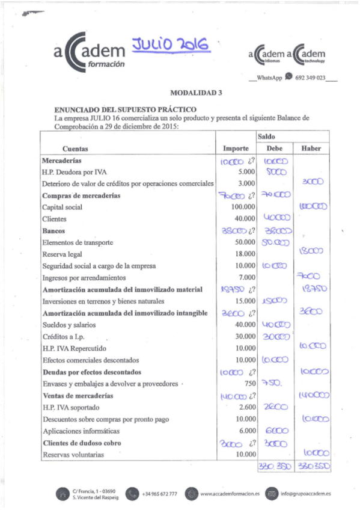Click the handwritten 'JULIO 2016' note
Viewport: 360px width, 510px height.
coord(171,45)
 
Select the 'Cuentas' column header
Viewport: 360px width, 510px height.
coord(75,149)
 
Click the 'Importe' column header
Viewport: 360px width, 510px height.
coord(236,149)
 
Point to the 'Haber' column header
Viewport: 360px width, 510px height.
coord(311,149)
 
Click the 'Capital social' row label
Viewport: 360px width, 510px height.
coord(63,207)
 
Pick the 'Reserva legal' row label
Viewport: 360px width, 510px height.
coord(63,254)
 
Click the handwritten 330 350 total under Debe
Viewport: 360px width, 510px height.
coord(274,467)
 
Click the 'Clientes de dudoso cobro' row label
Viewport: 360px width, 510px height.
coord(82,443)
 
